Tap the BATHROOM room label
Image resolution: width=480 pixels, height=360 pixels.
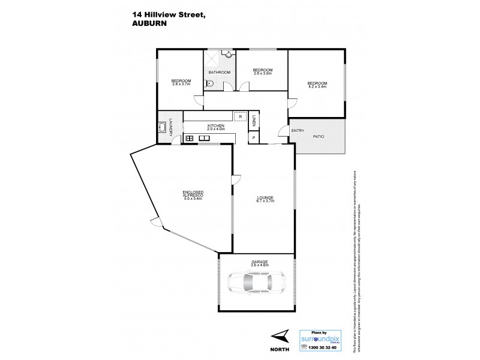click(x=220, y=72)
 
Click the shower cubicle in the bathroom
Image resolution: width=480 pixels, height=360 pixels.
click(x=212, y=60)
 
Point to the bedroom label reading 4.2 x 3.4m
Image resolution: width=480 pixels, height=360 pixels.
click(x=317, y=86)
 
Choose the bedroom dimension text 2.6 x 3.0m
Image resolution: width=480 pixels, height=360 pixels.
click(x=263, y=74)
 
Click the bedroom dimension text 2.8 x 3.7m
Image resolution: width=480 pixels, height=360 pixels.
click(x=181, y=84)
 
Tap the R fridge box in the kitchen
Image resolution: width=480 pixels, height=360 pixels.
click(x=239, y=117)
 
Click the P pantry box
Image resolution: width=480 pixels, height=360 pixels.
click(x=254, y=138)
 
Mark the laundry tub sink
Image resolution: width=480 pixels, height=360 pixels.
click(x=163, y=127)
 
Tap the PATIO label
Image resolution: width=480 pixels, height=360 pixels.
click(x=318, y=137)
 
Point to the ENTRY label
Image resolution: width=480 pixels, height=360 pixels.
click(x=298, y=131)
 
